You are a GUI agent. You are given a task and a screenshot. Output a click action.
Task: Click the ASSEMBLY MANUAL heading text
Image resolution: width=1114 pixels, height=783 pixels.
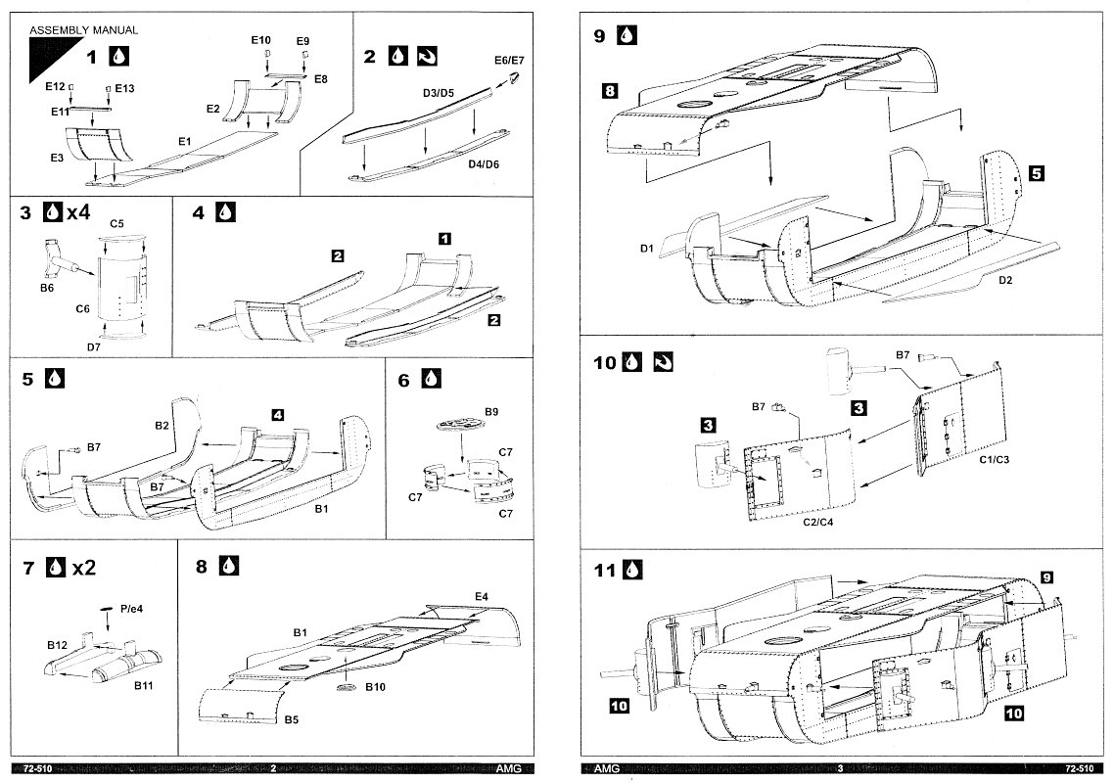(x=83, y=30)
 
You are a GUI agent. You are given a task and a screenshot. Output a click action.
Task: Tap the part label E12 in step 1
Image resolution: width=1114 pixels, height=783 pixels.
(x=54, y=86)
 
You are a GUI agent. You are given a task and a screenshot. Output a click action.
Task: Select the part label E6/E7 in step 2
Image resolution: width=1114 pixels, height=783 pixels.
(x=509, y=61)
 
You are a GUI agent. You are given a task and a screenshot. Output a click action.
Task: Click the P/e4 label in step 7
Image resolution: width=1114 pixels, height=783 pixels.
(x=131, y=608)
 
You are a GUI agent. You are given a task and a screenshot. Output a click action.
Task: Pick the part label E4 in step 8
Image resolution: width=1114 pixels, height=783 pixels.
(x=481, y=596)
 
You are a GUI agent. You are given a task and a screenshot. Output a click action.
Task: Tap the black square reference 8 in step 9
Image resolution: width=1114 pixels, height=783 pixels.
(x=610, y=91)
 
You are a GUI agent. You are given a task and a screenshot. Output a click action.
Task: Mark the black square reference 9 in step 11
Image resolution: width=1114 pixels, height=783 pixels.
(x=1045, y=578)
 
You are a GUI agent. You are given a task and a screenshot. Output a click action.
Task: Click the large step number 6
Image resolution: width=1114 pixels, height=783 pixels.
(x=404, y=378)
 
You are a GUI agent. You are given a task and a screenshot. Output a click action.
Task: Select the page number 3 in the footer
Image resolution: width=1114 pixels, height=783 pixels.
(x=839, y=769)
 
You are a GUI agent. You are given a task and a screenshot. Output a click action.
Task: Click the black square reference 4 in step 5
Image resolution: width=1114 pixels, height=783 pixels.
(x=277, y=415)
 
